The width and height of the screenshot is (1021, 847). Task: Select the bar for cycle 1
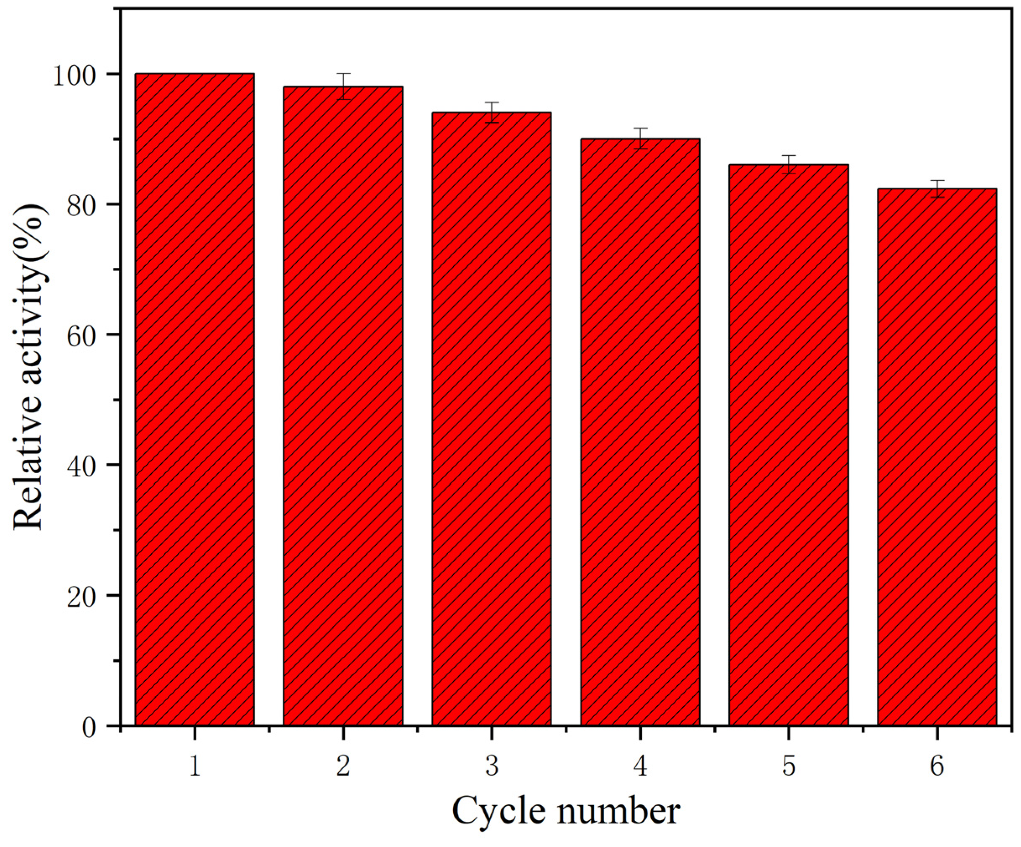(x=195, y=399)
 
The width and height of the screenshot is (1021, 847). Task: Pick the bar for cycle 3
(x=491, y=418)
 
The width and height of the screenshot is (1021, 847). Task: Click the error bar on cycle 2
(x=344, y=86)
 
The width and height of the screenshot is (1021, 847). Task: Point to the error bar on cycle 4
(x=640, y=138)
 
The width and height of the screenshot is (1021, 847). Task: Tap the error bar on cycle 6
(x=937, y=189)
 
